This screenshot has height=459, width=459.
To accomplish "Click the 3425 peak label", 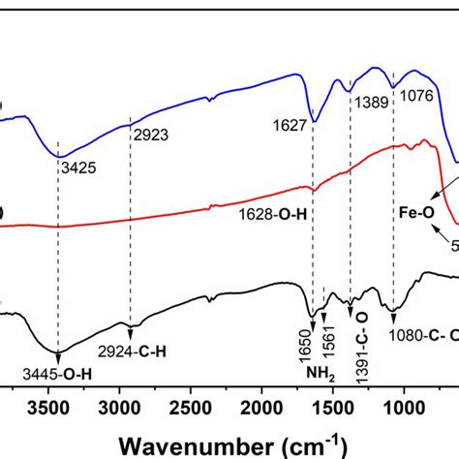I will [x=76, y=167].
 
